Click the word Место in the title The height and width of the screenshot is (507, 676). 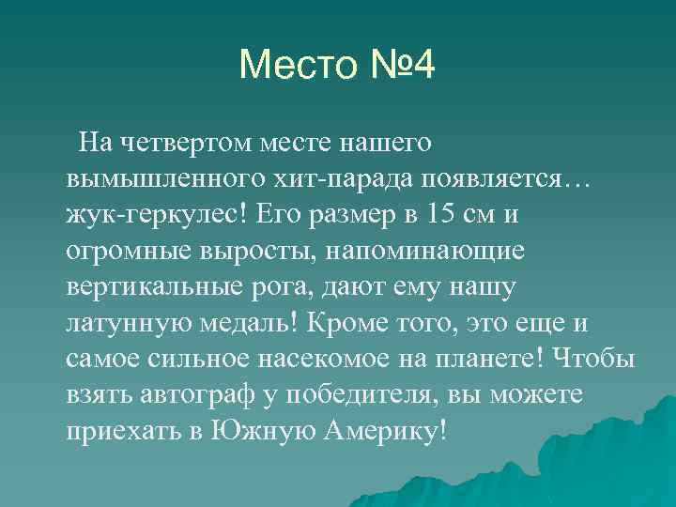(x=296, y=66)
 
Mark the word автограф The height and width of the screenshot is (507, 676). (x=192, y=394)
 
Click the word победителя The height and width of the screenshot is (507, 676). (x=363, y=394)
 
